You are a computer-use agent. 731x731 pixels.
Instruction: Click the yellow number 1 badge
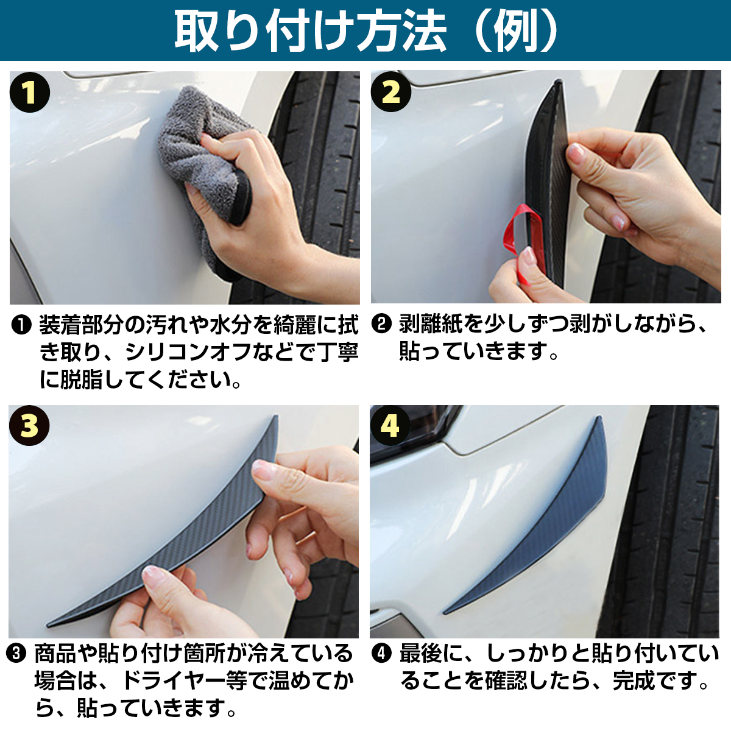pyautogui.click(x=30, y=92)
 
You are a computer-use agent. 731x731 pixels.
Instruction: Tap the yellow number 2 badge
pyautogui.click(x=390, y=91)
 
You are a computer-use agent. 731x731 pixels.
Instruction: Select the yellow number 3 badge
pyautogui.click(x=29, y=426)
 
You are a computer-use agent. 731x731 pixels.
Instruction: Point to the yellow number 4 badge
pyautogui.click(x=390, y=426)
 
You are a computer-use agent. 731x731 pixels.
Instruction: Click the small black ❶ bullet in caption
pyautogui.click(x=21, y=325)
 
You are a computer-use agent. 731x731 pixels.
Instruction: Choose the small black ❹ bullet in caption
pyautogui.click(x=381, y=654)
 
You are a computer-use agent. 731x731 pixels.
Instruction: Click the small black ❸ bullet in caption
pyautogui.click(x=16, y=654)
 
